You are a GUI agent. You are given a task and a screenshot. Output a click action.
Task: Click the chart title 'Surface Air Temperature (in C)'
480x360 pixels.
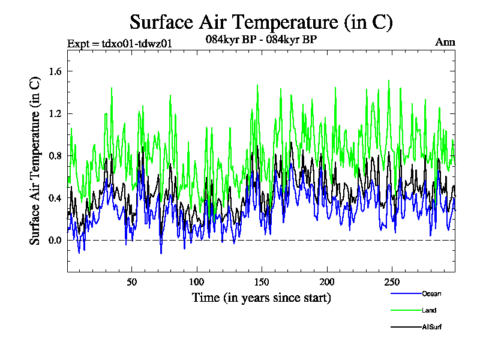tap(261, 22)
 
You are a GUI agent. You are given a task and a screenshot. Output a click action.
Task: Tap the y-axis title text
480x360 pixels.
tap(35, 161)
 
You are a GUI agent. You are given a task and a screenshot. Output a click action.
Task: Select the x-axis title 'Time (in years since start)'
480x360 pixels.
tap(261, 297)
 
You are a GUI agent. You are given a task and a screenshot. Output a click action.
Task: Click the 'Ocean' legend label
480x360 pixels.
tap(431, 293)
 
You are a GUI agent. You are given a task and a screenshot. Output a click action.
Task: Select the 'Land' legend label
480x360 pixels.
tap(428, 310)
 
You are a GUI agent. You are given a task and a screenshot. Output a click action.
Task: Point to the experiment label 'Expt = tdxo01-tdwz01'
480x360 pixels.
tap(115, 43)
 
